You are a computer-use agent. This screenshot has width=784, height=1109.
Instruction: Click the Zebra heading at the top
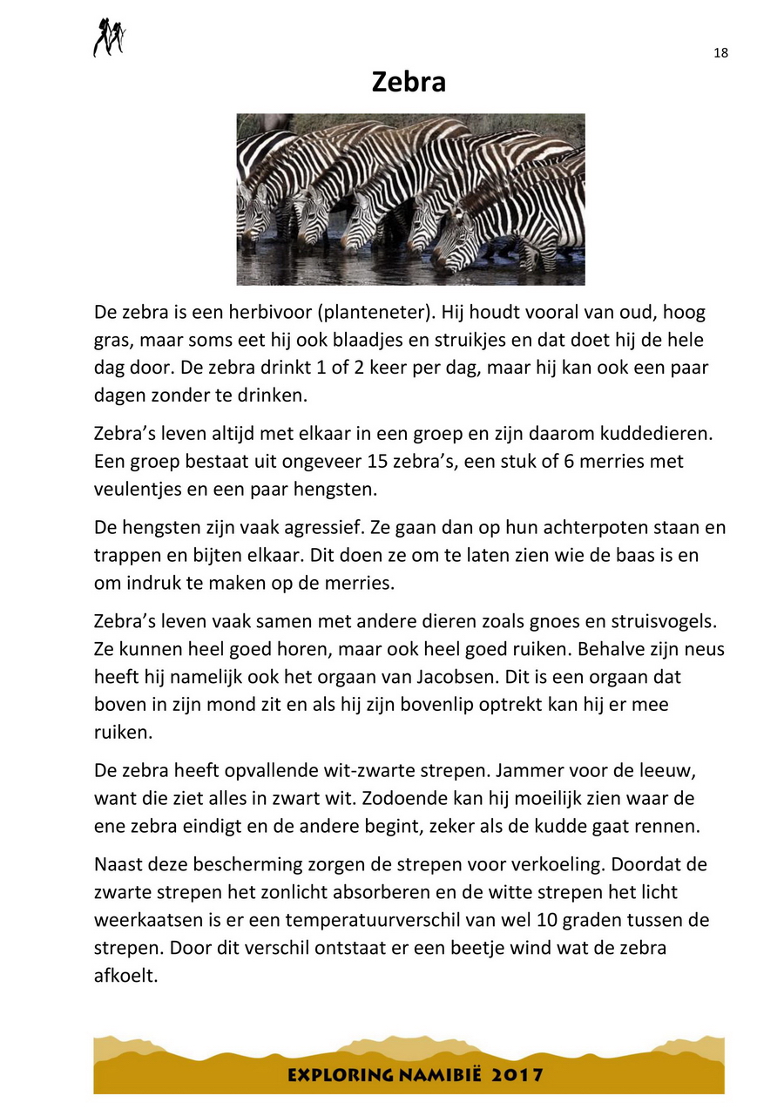click(409, 82)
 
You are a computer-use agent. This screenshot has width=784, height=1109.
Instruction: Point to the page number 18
click(720, 53)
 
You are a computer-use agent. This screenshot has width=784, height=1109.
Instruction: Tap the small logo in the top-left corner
click(110, 37)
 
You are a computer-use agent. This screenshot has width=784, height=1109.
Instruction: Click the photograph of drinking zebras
click(410, 199)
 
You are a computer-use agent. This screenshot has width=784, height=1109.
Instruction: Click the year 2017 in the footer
click(518, 1074)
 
